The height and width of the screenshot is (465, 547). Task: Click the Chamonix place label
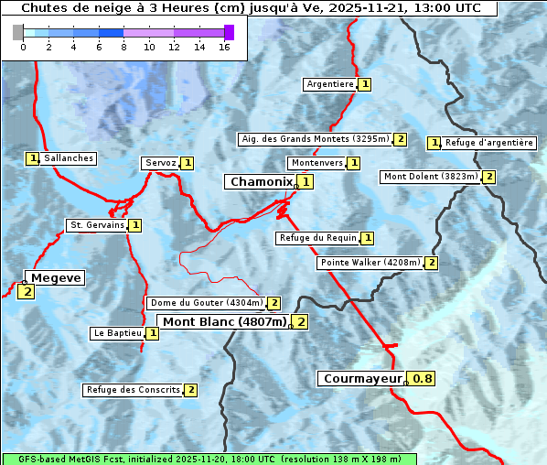(261, 182)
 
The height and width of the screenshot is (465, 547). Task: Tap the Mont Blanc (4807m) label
(224, 321)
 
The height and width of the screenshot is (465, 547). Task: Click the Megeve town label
(57, 278)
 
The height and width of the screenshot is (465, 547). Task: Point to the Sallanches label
(68, 158)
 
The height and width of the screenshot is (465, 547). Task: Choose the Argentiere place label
(330, 84)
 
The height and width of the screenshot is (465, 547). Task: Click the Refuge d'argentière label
(488, 143)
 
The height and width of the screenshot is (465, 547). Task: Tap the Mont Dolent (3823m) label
(431, 177)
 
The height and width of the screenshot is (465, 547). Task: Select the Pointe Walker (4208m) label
(370, 263)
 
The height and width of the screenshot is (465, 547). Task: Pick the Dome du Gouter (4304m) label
(206, 303)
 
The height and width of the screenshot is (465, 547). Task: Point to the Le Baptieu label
(117, 333)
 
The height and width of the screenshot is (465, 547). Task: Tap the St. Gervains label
(96, 225)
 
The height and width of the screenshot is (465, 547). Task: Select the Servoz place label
(160, 163)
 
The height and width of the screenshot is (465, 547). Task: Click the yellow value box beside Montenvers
(354, 163)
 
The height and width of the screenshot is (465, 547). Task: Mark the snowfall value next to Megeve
(26, 292)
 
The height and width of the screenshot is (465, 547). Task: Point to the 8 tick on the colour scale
(123, 46)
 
